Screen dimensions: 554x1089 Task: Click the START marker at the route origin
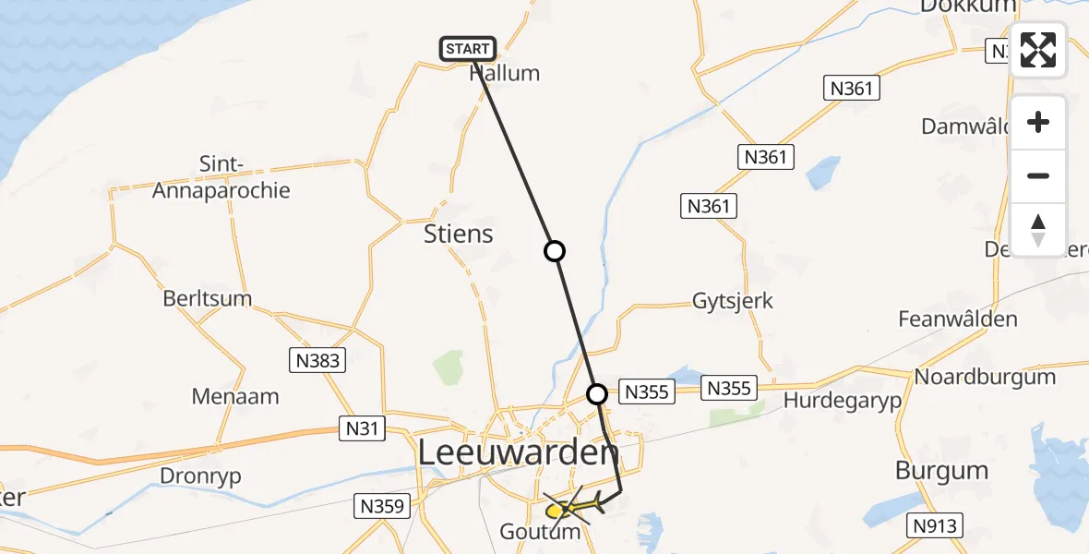tap(469, 49)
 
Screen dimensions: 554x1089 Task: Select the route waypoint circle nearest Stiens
tap(554, 250)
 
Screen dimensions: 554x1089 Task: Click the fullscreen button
tap(1038, 50)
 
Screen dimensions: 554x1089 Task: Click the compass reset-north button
tap(1038, 230)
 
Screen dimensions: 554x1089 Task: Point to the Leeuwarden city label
tap(519, 453)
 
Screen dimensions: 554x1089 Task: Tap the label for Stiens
tap(459, 234)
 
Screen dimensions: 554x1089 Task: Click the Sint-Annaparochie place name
tap(221, 178)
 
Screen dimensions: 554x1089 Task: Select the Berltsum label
tap(207, 299)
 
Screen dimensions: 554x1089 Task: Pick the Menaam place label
tap(235, 397)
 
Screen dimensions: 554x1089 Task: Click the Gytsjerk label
tap(733, 301)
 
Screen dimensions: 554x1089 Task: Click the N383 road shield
tap(319, 360)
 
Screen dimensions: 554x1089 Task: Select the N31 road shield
tap(362, 428)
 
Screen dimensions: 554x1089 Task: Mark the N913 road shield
tap(936, 526)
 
